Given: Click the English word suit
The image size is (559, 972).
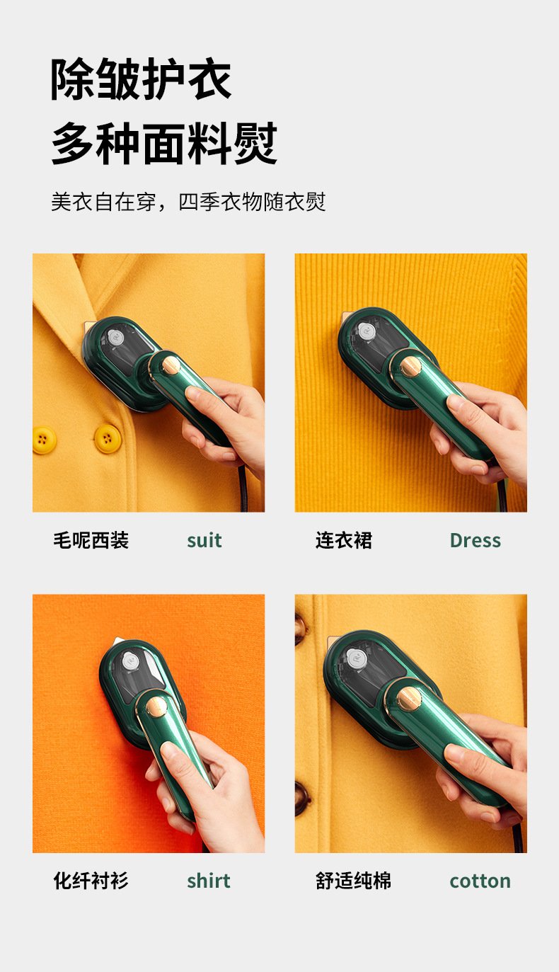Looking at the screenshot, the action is point(204,540).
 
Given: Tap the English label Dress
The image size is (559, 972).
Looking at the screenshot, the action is point(476,540).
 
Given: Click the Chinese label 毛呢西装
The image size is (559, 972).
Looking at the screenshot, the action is point(91,540).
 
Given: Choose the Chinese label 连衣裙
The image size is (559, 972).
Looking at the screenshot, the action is point(343,540).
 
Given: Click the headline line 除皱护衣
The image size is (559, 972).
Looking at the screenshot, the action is point(141,79).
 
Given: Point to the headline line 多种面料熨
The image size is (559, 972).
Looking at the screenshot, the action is point(164,143).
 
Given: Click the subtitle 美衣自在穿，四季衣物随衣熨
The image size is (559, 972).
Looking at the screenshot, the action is point(188,202).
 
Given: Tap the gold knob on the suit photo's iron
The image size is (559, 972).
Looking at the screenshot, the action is point(171,366).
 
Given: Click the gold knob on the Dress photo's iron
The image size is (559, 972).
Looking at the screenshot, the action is point(410,367).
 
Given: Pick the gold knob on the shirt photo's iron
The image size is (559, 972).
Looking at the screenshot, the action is point(156,707).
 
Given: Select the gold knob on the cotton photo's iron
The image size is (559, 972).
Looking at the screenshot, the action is point(409,699).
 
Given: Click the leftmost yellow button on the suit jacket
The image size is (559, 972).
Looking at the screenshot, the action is point(44,440).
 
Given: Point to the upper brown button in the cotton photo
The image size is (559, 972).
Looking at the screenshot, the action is point(299,629).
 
